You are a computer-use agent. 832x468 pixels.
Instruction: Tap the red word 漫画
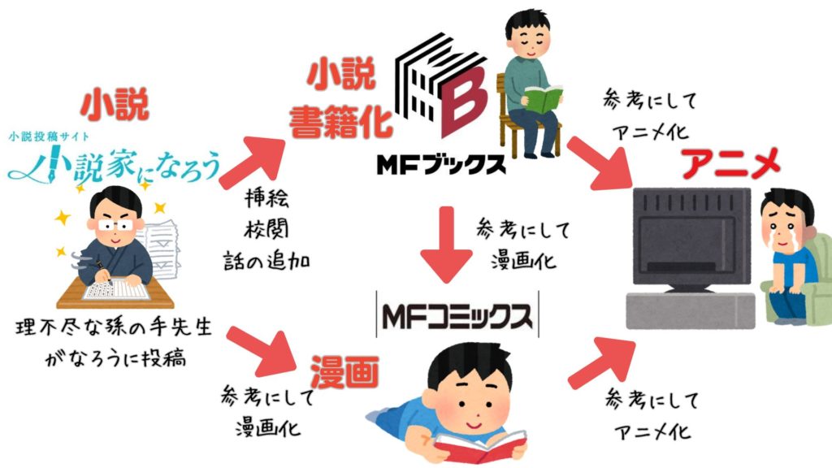[x=344, y=370]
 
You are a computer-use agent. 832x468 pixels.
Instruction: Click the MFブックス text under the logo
[x=440, y=162]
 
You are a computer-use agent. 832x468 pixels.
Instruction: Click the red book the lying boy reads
[x=472, y=444]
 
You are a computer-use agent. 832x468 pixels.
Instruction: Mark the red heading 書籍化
[x=340, y=122]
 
